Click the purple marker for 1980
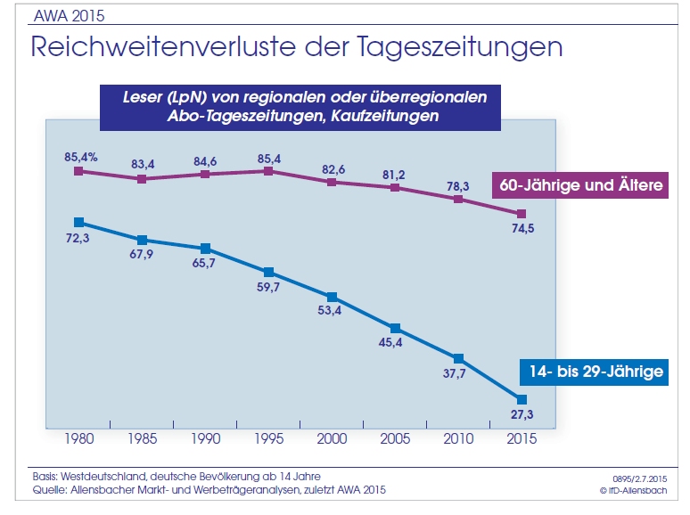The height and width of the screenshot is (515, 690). pyautogui.click(x=78, y=171)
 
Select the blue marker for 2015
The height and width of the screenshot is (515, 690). pyautogui.click(x=522, y=398)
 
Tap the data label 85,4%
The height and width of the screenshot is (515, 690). pyautogui.click(x=81, y=157)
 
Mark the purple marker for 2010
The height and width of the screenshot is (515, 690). pyautogui.click(x=458, y=199)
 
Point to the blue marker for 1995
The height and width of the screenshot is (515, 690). pyautogui.click(x=268, y=272)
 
